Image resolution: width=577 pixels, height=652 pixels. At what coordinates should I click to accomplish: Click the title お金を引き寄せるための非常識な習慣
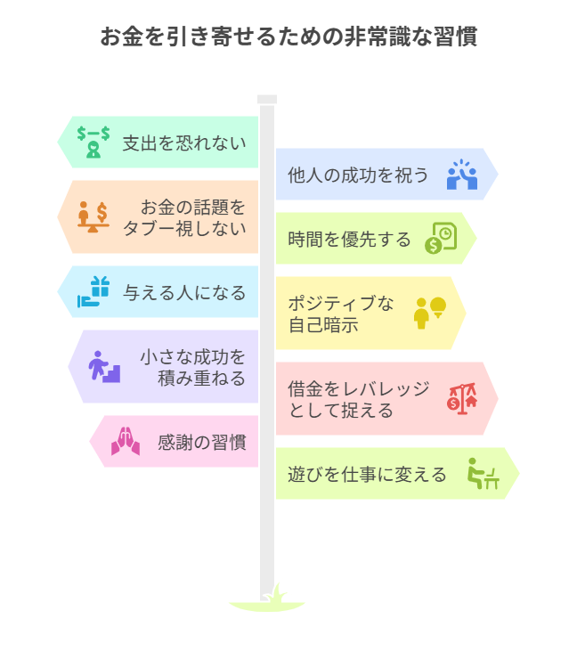pos(288,37)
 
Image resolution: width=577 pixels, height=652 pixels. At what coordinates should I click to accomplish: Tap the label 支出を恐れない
pos(184,143)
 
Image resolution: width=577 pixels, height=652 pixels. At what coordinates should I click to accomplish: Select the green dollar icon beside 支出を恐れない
pos(93,142)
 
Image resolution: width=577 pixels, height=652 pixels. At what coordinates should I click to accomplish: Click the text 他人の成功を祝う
pos(358,175)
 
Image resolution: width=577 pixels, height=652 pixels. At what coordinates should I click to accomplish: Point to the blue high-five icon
pos(462,175)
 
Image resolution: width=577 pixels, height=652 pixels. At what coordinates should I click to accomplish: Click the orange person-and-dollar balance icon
pos(93,216)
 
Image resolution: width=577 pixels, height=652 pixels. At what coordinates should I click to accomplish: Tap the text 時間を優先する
pos(350,240)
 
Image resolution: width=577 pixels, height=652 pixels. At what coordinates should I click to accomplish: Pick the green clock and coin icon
pos(441,239)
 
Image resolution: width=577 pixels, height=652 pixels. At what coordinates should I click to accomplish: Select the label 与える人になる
pos(184,292)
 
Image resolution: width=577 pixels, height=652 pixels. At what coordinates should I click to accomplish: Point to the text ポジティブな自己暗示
pos(340,314)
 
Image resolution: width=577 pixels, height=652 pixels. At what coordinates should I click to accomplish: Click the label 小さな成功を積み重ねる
pos(193,367)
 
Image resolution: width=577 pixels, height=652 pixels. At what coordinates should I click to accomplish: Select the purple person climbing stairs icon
pos(103,366)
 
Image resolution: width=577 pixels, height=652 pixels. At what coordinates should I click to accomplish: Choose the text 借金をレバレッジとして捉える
pos(359,399)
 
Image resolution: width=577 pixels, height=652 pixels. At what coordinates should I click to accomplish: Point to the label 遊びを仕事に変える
pos(367,475)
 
